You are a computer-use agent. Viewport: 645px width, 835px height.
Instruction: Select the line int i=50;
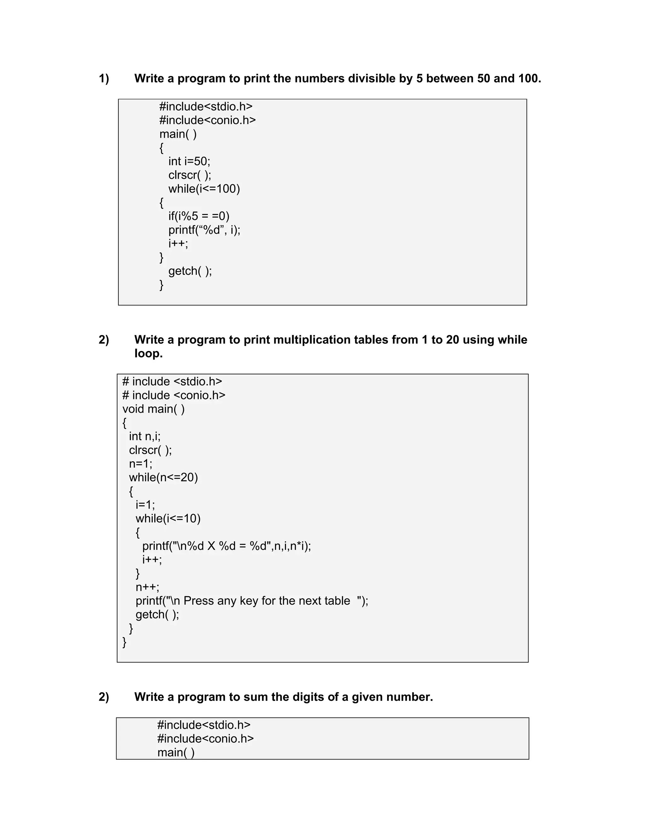pyautogui.click(x=189, y=161)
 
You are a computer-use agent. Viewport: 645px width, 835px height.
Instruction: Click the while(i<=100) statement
pyautogui.click(x=204, y=189)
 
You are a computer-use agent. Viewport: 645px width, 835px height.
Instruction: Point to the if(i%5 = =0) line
pyautogui.click(x=199, y=216)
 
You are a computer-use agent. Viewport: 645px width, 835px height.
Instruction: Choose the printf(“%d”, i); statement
pyautogui.click(x=204, y=230)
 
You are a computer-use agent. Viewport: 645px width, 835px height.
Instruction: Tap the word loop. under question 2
pyautogui.click(x=148, y=353)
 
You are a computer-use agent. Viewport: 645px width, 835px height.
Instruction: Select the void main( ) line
pyautogui.click(x=153, y=409)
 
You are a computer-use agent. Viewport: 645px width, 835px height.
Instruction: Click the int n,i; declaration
pyautogui.click(x=145, y=436)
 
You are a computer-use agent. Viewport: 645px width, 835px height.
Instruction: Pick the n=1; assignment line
pyautogui.click(x=140, y=464)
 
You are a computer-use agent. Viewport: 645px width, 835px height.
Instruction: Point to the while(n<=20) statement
pyautogui.click(x=163, y=477)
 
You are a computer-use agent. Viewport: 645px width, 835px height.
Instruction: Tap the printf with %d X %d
pyautogui.click(x=226, y=546)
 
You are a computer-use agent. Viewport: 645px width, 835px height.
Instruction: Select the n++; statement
pyautogui.click(x=147, y=587)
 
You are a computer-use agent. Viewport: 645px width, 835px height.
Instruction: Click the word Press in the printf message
pyautogui.click(x=198, y=601)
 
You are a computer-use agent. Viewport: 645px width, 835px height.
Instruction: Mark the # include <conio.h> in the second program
pyautogui.click(x=174, y=395)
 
